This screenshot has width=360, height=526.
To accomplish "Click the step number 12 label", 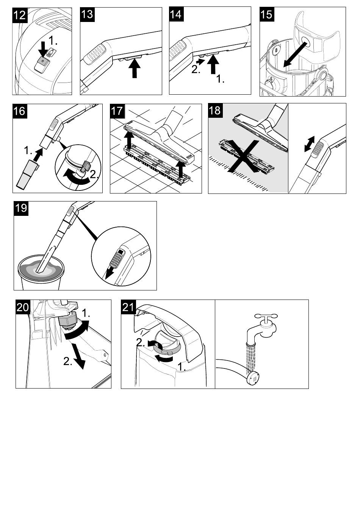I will click(x=20, y=15).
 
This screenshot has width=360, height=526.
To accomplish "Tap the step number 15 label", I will click(x=266, y=14).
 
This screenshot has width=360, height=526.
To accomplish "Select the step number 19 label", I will click(x=21, y=208).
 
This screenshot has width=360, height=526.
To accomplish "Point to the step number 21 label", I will click(x=128, y=307).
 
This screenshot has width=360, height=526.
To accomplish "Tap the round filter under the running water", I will click(x=253, y=378).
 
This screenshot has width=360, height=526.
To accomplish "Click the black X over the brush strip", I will click(x=245, y=156).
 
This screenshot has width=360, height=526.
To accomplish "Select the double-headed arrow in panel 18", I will click(x=309, y=144).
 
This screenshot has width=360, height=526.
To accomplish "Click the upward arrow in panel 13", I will click(x=134, y=69).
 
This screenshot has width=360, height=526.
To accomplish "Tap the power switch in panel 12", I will click(x=42, y=62).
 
